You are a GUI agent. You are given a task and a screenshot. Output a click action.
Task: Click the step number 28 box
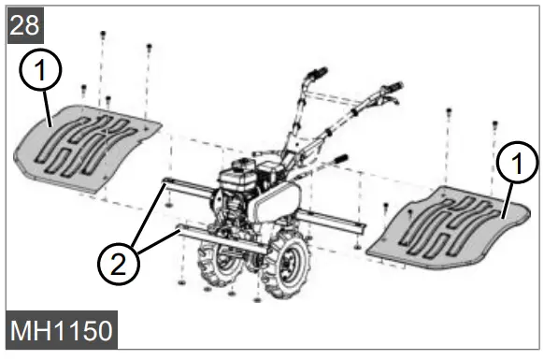(25, 24)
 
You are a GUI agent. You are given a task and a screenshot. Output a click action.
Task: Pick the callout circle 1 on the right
(517, 166)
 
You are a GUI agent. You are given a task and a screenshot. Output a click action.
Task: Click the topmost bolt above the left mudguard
(102, 35)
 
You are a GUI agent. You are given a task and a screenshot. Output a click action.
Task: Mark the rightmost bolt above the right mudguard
(494, 123)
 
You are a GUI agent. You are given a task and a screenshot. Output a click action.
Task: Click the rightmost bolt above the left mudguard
(150, 46)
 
